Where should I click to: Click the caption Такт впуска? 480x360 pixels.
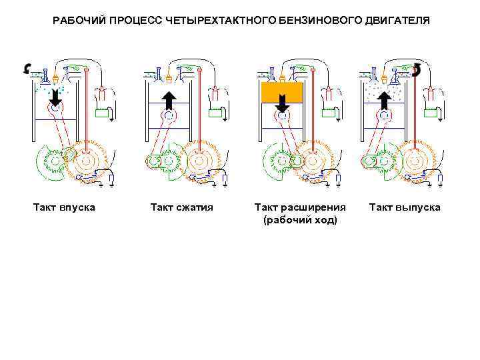pos(64,207)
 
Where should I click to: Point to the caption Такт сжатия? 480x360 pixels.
pos(182,207)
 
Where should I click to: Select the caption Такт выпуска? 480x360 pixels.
pos(405,207)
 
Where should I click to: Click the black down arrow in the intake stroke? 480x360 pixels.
pos(55,99)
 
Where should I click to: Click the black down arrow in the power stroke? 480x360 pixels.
pos(283,102)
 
